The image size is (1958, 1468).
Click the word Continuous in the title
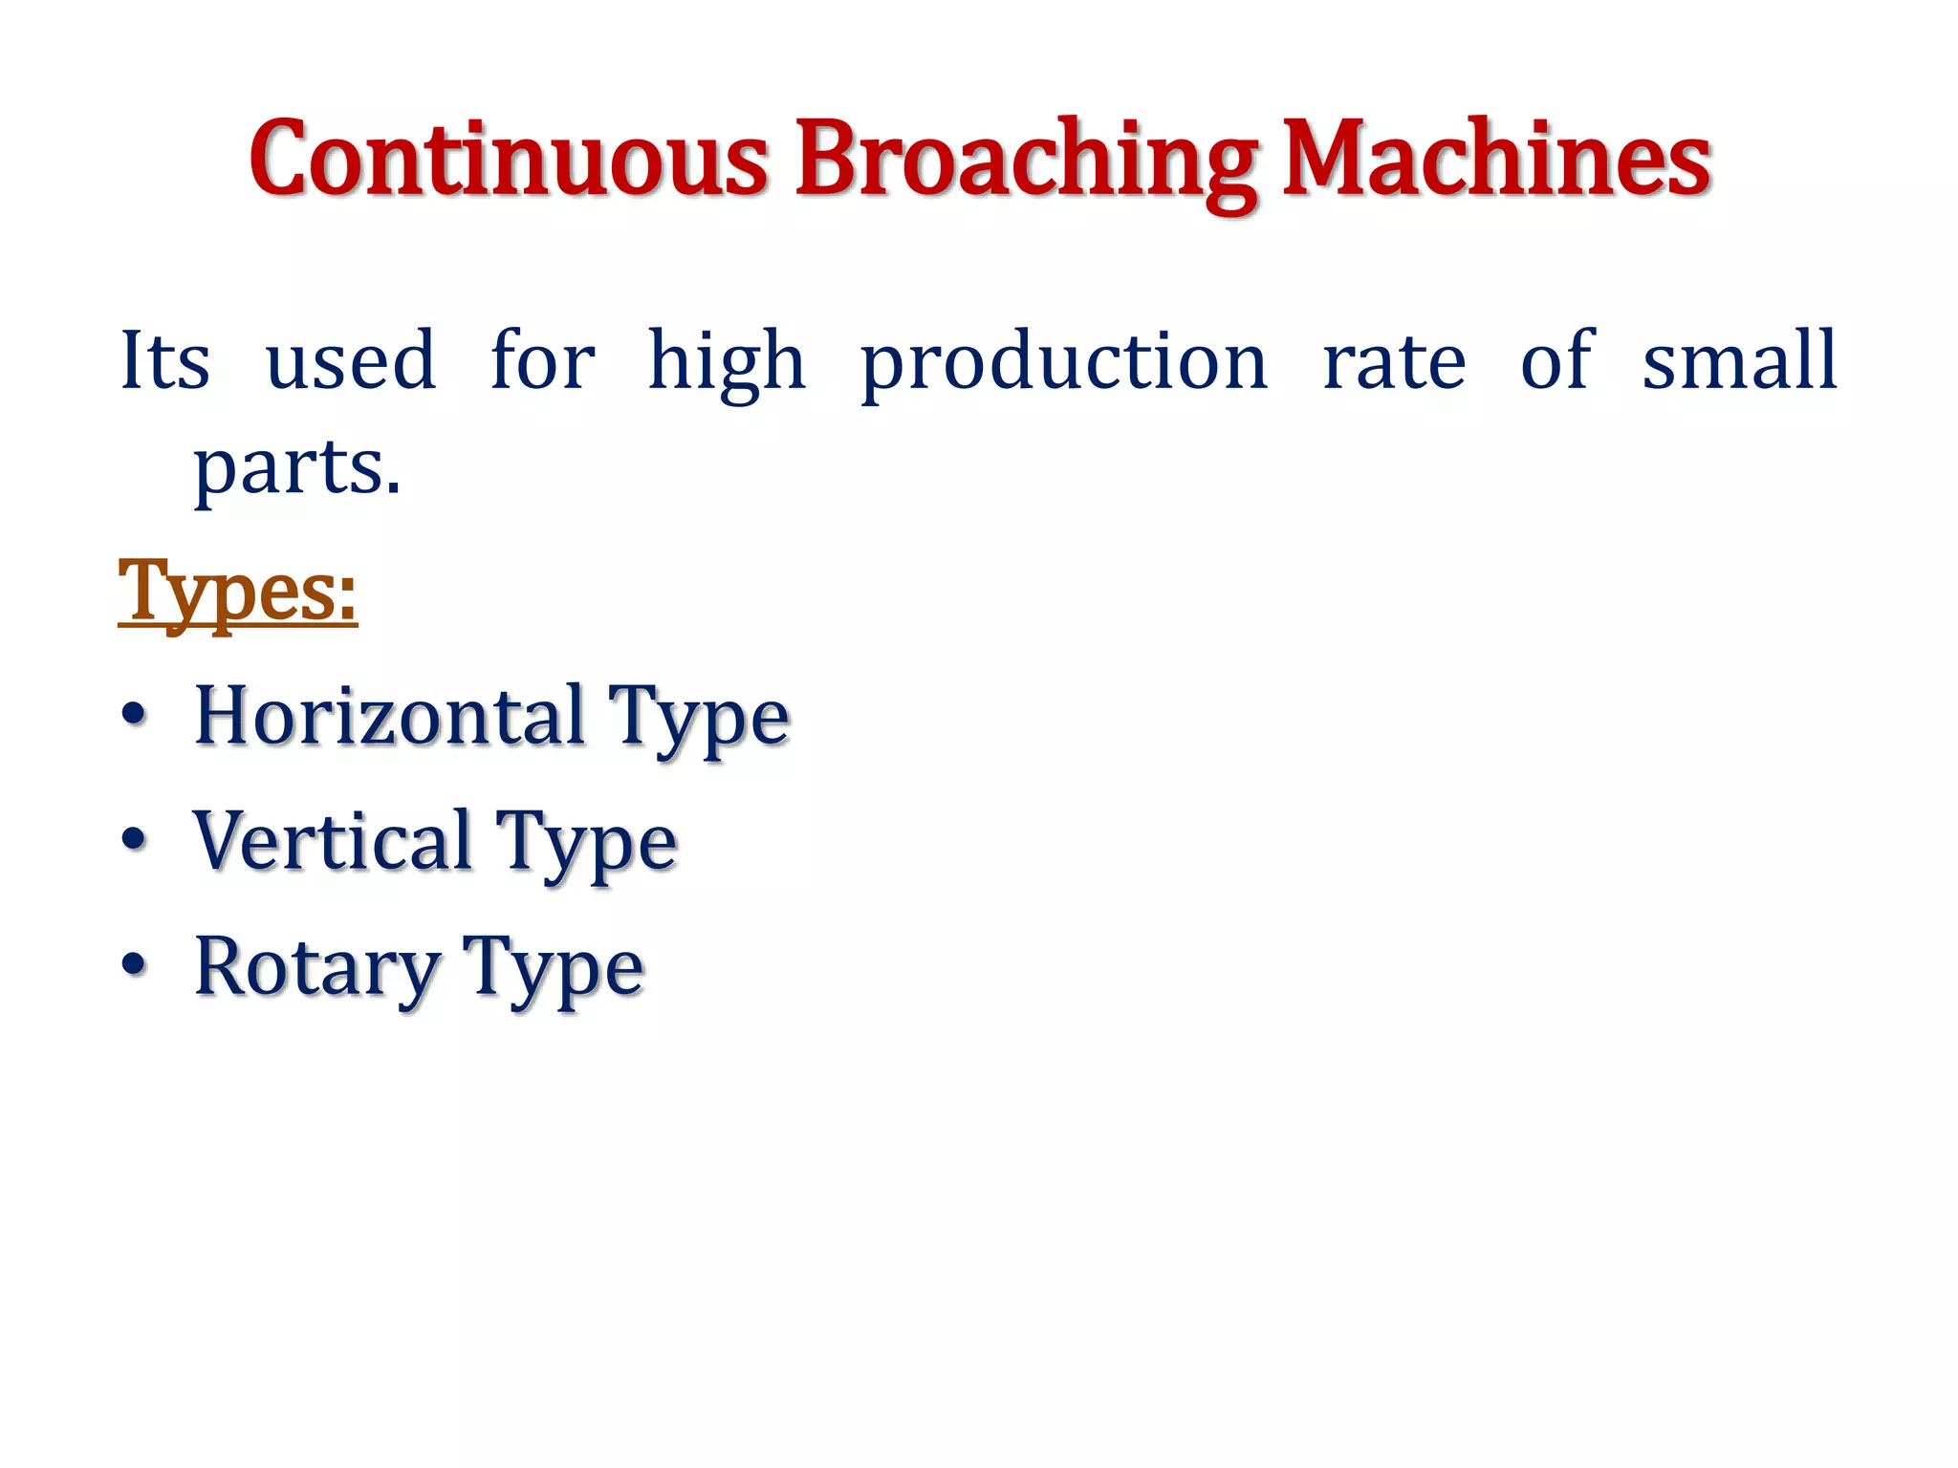point(508,159)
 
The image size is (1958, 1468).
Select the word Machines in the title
point(1495,159)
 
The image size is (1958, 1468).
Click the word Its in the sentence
point(164,360)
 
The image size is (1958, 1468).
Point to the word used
point(350,360)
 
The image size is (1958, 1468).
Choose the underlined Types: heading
point(237,593)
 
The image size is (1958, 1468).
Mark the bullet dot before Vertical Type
point(135,840)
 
